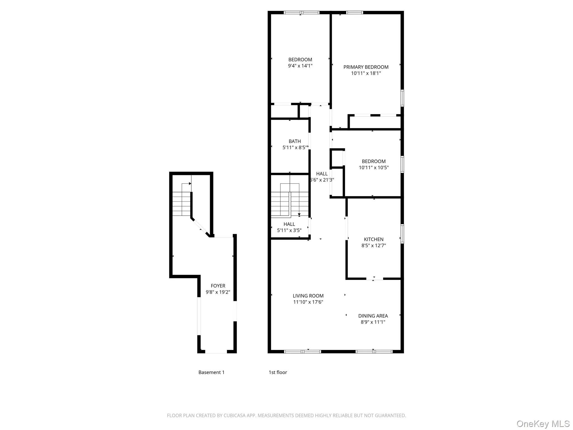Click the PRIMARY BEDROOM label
click(x=366, y=67)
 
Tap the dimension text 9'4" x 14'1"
click(x=300, y=66)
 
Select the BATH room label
click(x=295, y=141)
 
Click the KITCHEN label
click(x=374, y=239)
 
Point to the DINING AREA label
click(x=373, y=316)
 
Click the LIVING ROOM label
click(x=308, y=296)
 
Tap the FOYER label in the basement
click(x=218, y=286)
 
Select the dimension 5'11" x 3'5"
click(x=289, y=230)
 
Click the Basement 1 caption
click(x=211, y=372)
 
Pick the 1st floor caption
click(x=278, y=372)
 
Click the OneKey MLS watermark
click(x=543, y=424)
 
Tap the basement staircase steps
click(x=181, y=204)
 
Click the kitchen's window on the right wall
click(x=402, y=233)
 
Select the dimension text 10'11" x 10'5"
click(x=374, y=168)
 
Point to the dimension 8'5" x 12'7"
click(x=374, y=246)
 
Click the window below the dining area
click(x=374, y=352)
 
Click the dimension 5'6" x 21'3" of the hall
click(x=322, y=180)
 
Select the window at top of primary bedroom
click(x=354, y=13)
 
